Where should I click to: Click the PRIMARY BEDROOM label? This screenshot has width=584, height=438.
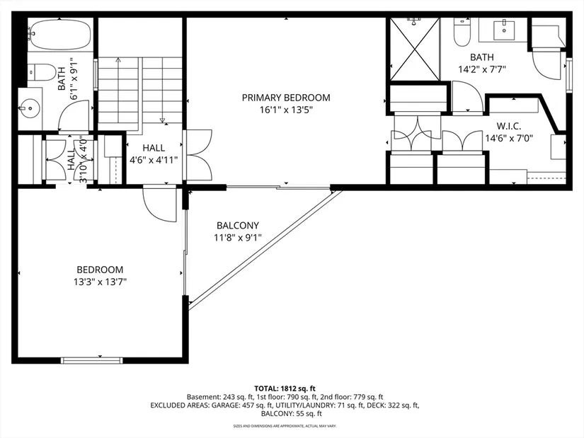[286, 98]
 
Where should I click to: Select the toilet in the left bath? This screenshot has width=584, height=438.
[42, 72]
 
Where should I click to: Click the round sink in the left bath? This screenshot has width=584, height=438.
[30, 108]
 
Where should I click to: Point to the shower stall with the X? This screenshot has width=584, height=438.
[415, 50]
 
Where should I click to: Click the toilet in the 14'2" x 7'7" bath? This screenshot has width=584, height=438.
[462, 33]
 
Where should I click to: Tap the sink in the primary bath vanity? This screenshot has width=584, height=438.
[504, 30]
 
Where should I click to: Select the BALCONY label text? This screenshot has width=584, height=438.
[238, 225]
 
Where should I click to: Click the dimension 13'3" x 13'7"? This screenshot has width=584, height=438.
[101, 282]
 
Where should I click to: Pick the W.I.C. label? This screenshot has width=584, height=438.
[509, 126]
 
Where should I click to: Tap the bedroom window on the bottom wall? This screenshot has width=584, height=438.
[91, 360]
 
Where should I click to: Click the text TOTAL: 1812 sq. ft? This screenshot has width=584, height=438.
[285, 389]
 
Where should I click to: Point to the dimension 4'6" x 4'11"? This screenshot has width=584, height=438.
[154, 160]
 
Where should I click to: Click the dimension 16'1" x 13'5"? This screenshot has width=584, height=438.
[286, 110]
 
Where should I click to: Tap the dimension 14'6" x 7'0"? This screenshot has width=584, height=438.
[509, 138]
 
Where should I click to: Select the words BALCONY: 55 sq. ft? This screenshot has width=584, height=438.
[291, 413]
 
